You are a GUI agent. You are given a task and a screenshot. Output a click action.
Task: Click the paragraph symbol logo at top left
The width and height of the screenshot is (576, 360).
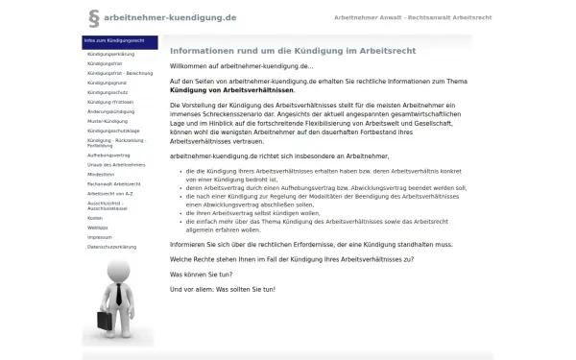coord(93,17)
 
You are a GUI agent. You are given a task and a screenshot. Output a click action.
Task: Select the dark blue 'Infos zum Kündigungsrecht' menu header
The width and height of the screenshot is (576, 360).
coord(119,41)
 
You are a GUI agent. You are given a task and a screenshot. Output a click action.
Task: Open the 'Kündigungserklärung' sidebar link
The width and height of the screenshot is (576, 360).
coord(110,55)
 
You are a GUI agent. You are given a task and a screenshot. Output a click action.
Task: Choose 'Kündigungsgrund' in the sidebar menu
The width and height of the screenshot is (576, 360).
coord(107,83)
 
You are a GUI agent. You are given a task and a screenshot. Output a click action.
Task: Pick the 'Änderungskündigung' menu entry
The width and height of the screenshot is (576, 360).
coord(109,110)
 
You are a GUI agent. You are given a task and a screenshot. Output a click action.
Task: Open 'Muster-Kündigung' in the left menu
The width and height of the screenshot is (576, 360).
coord(108,120)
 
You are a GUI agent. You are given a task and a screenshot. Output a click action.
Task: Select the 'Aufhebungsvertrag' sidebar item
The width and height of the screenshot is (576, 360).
coord(108,153)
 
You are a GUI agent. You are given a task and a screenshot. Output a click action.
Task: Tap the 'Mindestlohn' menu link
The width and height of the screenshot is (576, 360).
coord(101,173)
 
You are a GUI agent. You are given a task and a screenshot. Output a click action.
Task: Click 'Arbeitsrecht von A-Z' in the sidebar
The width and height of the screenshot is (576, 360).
coord(110,192)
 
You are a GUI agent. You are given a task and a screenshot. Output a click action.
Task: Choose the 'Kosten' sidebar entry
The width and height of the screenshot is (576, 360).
coord(95,218)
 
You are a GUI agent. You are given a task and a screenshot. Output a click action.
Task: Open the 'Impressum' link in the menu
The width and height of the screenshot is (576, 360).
coord(99,236)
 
